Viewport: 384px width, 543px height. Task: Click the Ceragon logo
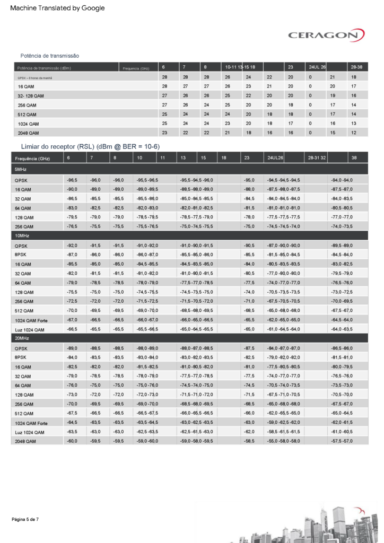[326, 36]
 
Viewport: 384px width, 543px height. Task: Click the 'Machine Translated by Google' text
[57, 8]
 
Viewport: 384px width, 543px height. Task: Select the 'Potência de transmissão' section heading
[50, 56]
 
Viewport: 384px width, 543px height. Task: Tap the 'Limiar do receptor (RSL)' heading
[90, 146]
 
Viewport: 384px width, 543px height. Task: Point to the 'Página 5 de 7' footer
[25, 519]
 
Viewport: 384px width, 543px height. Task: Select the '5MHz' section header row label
[21, 169]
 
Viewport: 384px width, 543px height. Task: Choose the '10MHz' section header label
[22, 235]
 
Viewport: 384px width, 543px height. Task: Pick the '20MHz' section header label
[22, 338]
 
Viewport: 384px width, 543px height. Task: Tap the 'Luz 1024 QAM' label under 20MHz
[31, 432]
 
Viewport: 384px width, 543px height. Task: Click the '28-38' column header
[356, 67]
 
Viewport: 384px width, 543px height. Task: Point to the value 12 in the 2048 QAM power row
[354, 133]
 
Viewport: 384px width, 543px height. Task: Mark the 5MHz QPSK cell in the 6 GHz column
[72, 180]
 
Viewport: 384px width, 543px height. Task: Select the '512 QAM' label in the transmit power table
[27, 114]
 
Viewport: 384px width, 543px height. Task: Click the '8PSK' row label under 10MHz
[22, 255]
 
